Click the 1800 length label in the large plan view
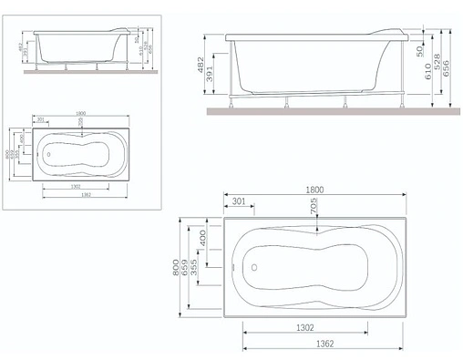pyautogui.click(x=315, y=190)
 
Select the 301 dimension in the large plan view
pyautogui.click(x=239, y=201)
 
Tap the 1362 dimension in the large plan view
pyautogui.click(x=306, y=345)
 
